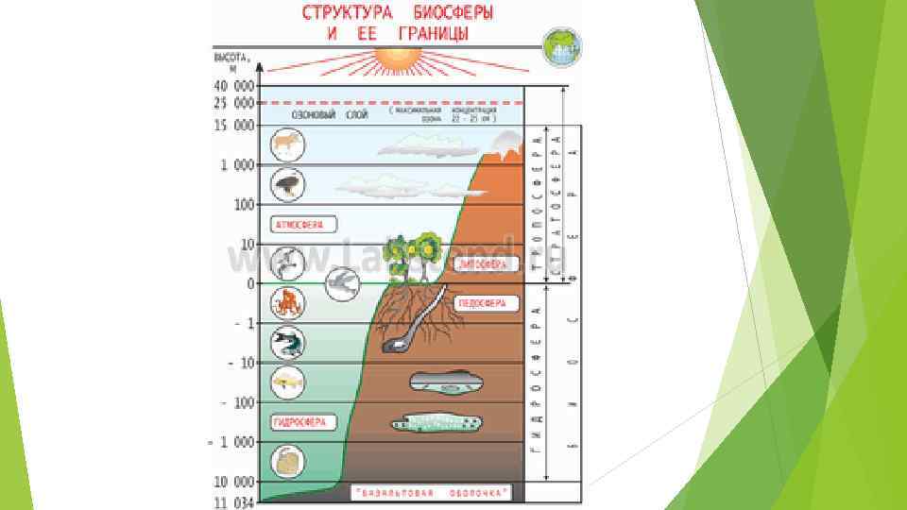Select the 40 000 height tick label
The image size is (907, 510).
click(x=232, y=85)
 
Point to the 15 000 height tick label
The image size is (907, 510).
click(x=232, y=125)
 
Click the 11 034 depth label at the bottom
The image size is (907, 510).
click(x=232, y=502)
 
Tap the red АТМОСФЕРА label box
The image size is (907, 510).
click(x=298, y=225)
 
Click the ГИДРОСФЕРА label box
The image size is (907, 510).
click(x=299, y=422)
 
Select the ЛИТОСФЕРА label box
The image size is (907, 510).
click(x=484, y=265)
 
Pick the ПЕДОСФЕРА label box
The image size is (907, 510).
click(x=487, y=304)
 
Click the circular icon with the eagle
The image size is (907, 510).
click(x=286, y=183)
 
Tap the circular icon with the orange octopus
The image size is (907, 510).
click(x=286, y=302)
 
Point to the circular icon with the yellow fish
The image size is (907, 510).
click(x=286, y=382)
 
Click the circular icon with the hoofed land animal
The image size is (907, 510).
click(x=286, y=144)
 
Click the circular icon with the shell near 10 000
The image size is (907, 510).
click(x=286, y=463)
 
